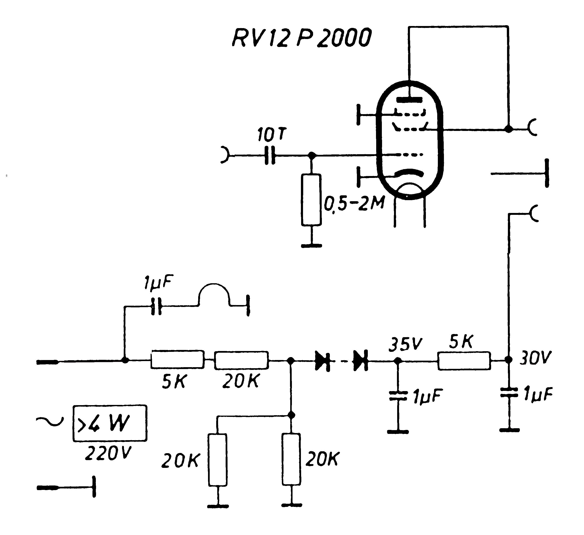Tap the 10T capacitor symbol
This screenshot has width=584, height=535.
(x=270, y=156)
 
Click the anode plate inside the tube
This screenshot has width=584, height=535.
(x=409, y=100)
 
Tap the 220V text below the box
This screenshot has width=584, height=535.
(x=108, y=453)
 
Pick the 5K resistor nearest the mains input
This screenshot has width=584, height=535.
(x=177, y=360)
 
